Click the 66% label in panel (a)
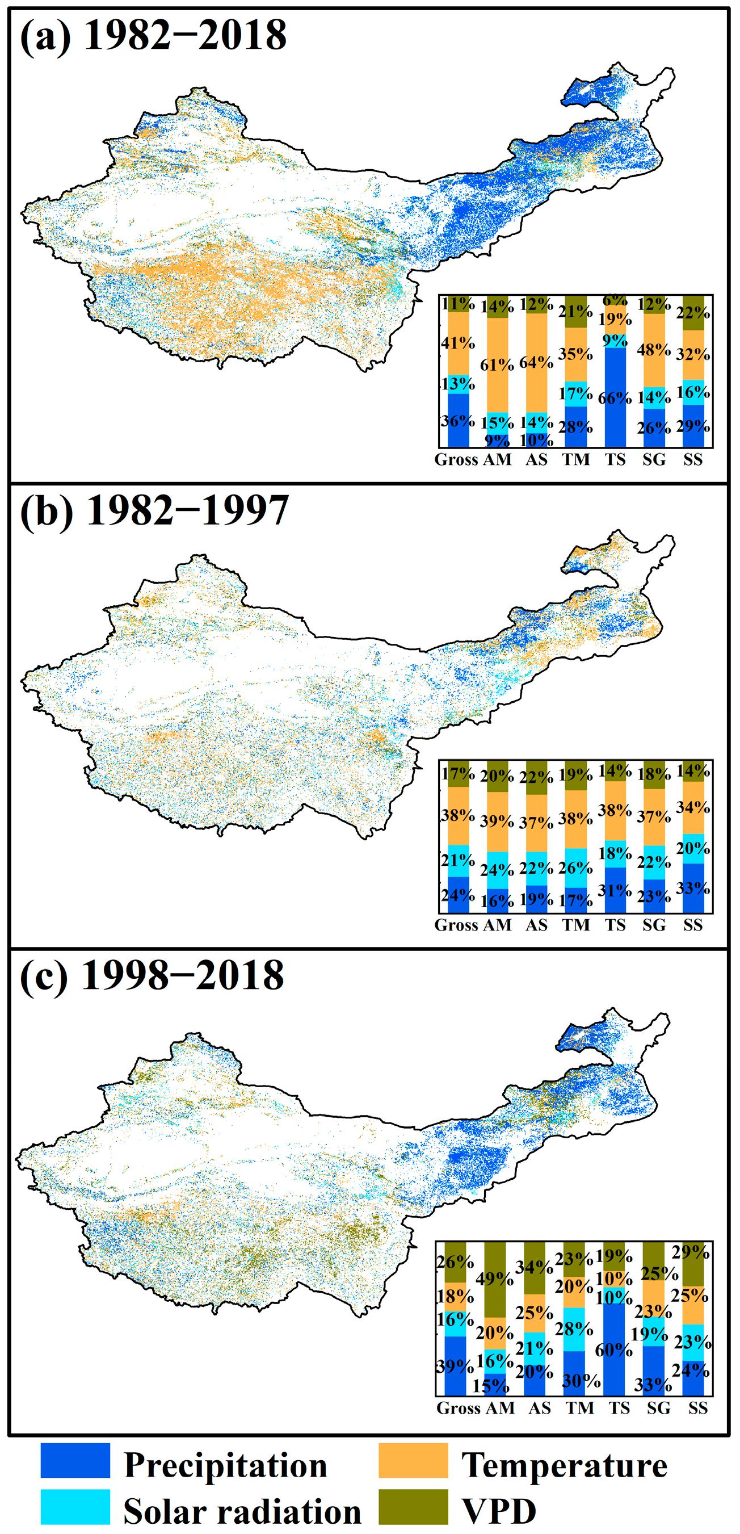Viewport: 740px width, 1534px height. (615, 398)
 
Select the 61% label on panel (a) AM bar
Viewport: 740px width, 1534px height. (497, 364)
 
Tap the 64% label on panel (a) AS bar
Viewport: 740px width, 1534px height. (536, 362)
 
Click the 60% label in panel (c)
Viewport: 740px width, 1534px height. (614, 1349)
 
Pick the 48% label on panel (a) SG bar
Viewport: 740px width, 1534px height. (654, 350)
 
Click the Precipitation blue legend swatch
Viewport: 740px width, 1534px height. (75, 1460)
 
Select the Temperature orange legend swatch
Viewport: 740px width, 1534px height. (413, 1460)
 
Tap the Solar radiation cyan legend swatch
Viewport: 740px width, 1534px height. (75, 1506)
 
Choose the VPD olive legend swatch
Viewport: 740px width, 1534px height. (413, 1506)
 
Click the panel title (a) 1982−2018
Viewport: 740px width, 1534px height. (153, 35)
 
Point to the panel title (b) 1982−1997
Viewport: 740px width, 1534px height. (154, 510)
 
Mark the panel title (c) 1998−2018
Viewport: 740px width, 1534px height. (152, 975)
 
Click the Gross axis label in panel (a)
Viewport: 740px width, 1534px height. (456, 460)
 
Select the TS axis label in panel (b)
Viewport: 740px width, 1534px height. (615, 925)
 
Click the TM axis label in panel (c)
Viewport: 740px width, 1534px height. (579, 1408)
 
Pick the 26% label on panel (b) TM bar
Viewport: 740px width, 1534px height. (575, 867)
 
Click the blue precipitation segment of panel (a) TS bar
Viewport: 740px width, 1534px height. (615, 417)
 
